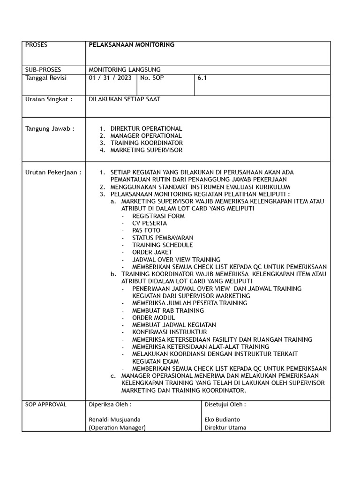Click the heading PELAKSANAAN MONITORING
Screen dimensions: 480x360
[131, 45]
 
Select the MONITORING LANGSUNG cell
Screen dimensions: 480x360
[124, 69]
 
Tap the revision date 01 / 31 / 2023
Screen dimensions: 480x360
[110, 78]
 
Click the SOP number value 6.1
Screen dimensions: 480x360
[202, 78]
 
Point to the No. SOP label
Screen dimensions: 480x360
[153, 78]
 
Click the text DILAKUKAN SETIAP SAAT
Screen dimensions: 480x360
[124, 99]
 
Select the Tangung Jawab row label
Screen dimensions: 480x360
[50, 128]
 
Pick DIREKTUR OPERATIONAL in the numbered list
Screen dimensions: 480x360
[146, 128]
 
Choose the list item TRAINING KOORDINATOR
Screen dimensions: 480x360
[146, 142]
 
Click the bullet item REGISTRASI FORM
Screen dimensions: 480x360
[158, 216]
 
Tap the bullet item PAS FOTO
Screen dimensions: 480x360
[146, 230]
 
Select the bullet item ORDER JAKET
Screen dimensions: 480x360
[152, 252]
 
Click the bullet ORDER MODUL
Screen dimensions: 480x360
[154, 317]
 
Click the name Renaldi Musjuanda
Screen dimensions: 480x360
[114, 419]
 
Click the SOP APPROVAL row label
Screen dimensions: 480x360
[46, 404]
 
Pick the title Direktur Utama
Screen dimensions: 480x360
[225, 427]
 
